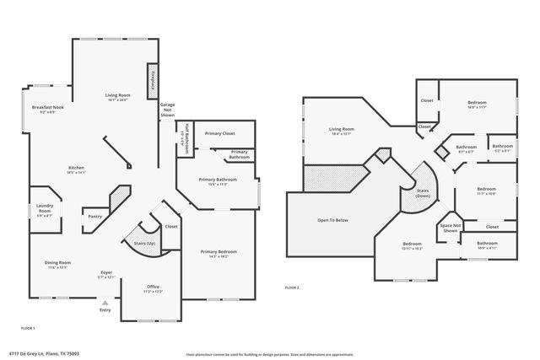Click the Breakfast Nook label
48,109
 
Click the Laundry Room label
43,211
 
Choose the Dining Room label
57,263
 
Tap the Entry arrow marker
105,303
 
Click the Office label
153,287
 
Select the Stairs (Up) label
145,244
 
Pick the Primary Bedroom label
218,251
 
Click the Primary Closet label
219,133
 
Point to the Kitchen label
76,168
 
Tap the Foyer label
106,272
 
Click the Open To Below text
332,221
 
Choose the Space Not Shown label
450,228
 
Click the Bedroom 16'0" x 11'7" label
477,105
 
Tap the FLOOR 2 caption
291,287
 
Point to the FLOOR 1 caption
28,326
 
